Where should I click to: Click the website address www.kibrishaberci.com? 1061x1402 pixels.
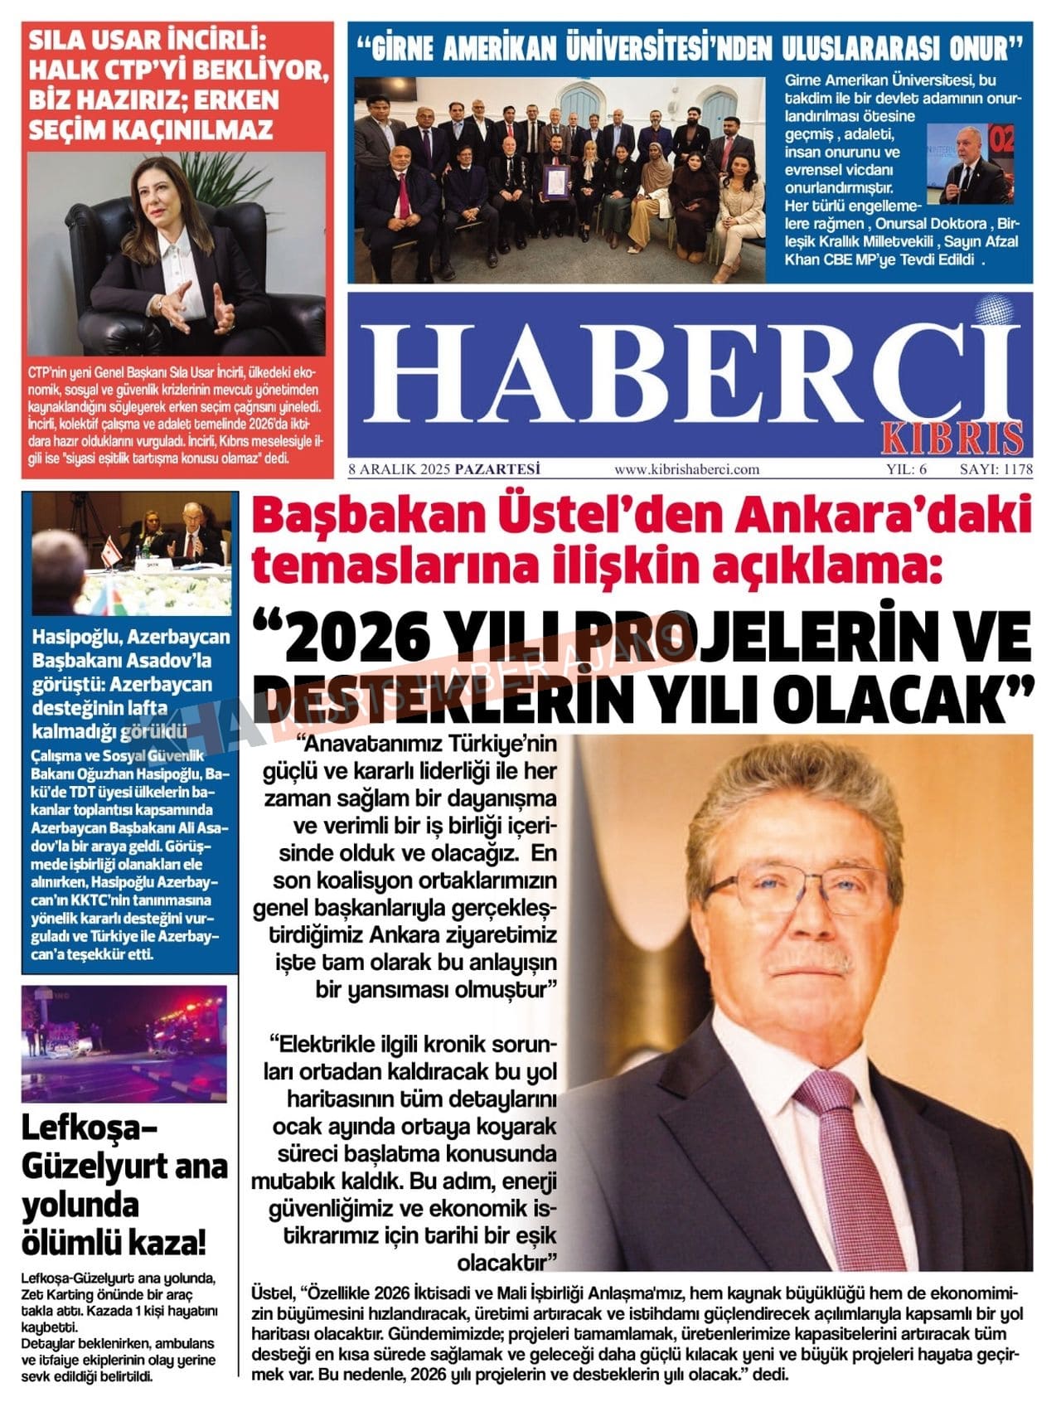coord(686,469)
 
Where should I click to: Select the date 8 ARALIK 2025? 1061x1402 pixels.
coord(399,469)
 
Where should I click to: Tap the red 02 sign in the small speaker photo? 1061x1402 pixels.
coord(1002,139)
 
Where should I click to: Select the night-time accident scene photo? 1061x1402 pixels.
coord(124,1043)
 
